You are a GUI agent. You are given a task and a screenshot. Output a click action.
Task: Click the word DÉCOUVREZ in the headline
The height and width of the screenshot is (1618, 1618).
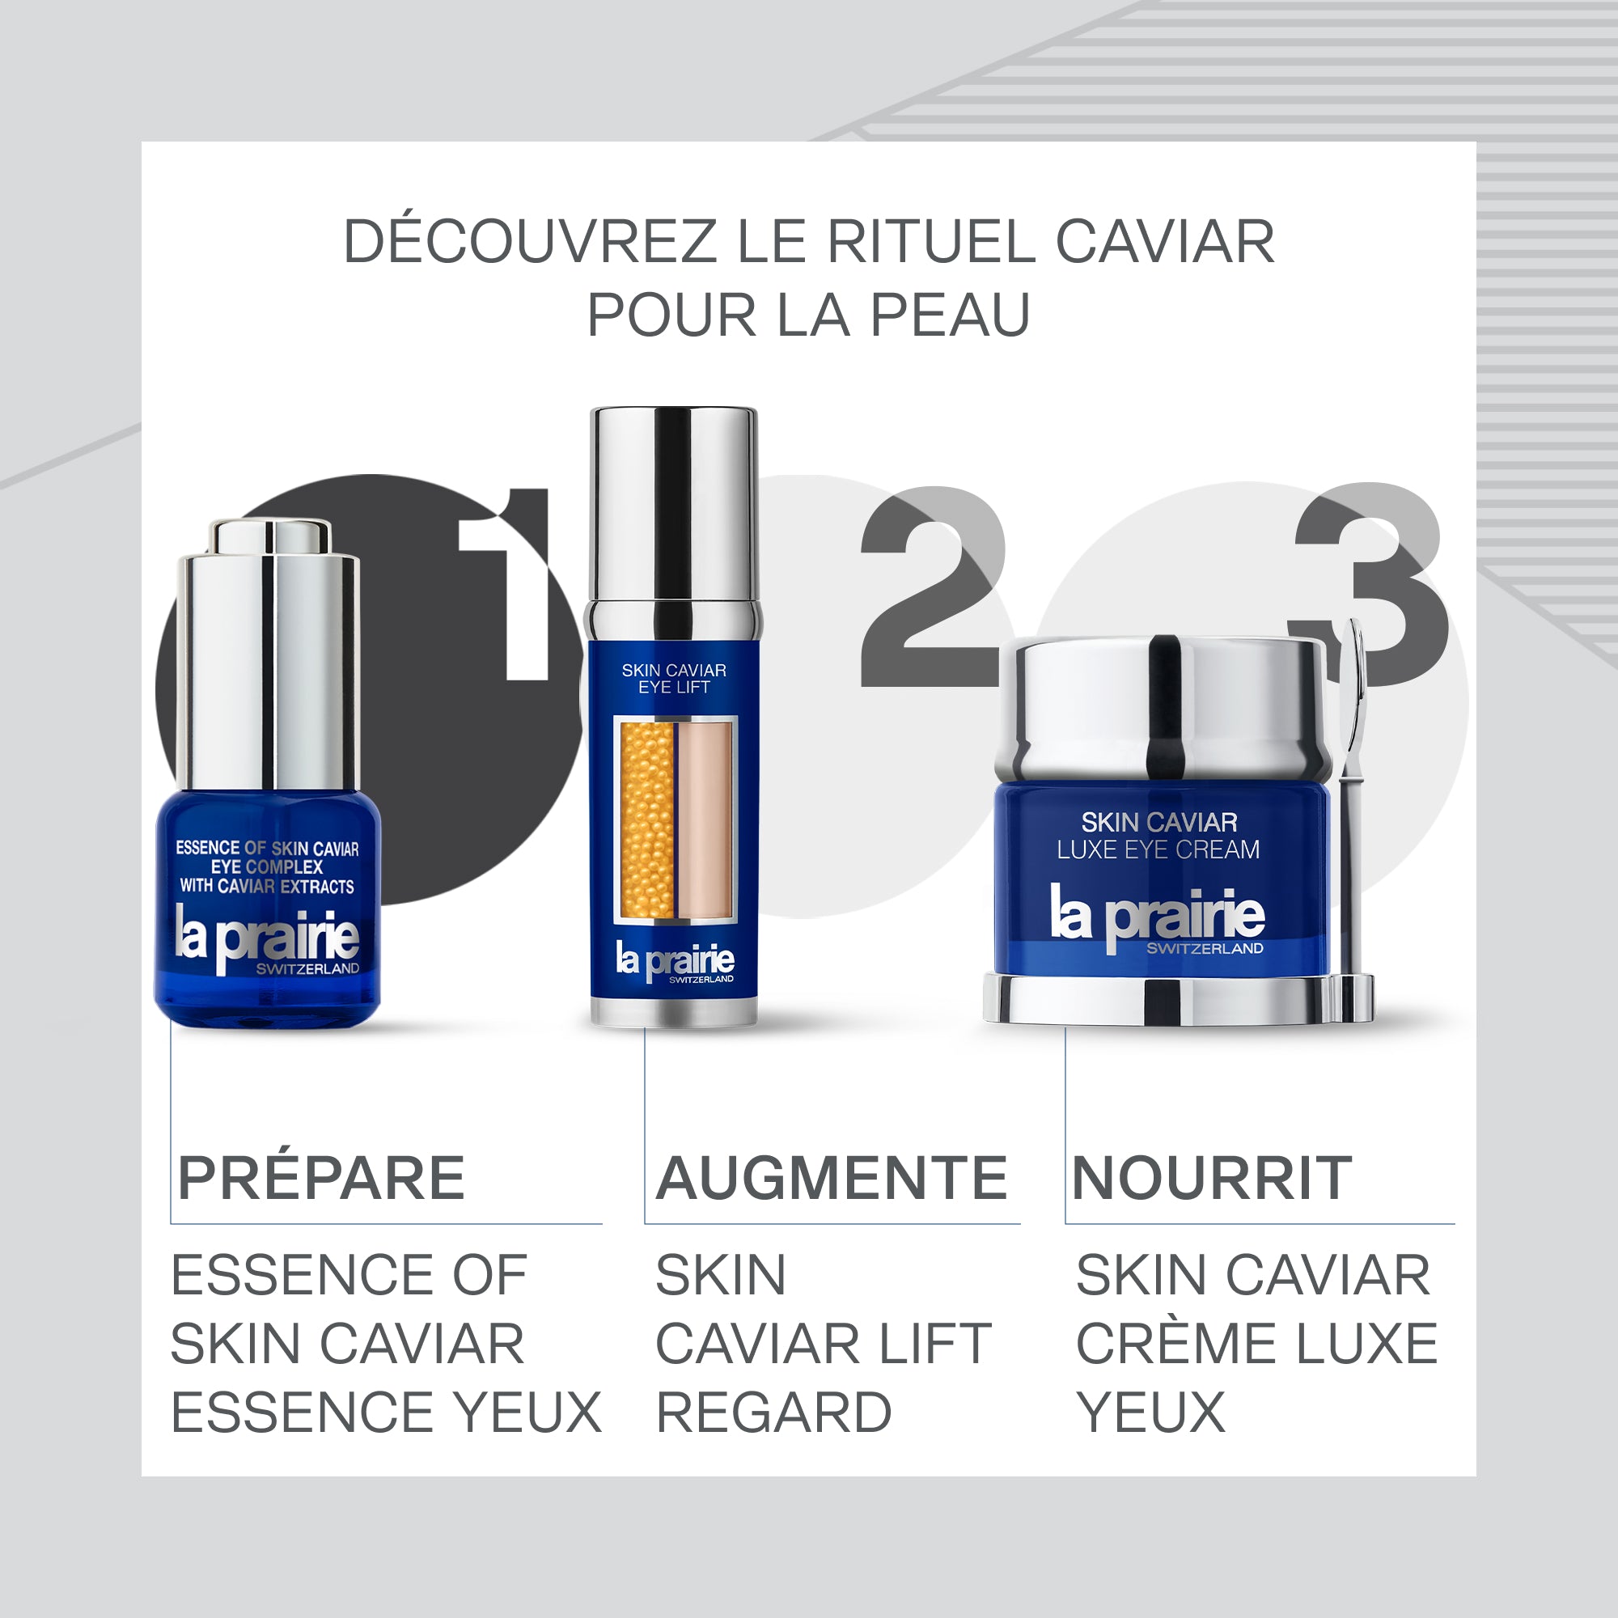tap(529, 242)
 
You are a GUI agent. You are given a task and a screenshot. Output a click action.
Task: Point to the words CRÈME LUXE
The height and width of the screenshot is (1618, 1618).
tap(1256, 1344)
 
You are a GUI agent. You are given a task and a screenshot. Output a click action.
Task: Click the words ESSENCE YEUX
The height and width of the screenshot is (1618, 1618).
tap(386, 1413)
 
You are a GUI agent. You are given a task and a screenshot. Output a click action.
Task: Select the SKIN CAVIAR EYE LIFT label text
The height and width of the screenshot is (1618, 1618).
tap(673, 679)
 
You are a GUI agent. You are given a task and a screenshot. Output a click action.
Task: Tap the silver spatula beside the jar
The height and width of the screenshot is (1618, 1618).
tap(1350, 804)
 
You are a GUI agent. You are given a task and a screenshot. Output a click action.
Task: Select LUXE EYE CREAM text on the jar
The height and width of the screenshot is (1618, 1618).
tap(1158, 849)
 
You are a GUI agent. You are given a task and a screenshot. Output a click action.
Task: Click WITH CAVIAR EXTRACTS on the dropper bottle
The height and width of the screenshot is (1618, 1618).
tap(266, 886)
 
